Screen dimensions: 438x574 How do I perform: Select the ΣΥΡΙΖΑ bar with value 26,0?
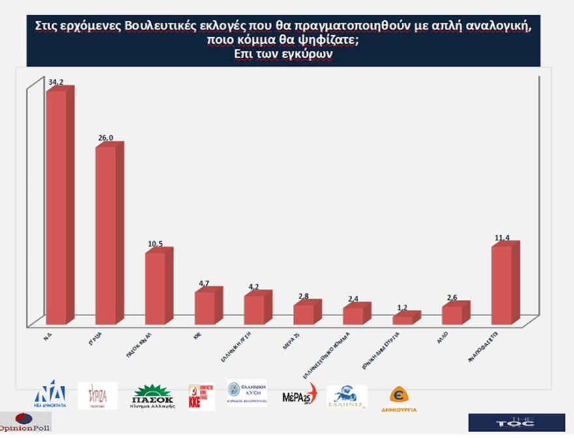106,235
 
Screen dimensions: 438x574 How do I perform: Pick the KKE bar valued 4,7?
205,307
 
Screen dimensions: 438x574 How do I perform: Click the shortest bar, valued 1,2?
402,319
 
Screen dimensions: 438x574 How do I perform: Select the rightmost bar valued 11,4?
502,285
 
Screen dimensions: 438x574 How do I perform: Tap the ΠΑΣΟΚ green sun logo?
153,396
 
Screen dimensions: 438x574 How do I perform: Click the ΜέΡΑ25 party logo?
299,395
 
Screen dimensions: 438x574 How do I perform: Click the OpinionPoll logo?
25,422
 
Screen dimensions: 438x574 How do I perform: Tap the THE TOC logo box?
507,422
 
